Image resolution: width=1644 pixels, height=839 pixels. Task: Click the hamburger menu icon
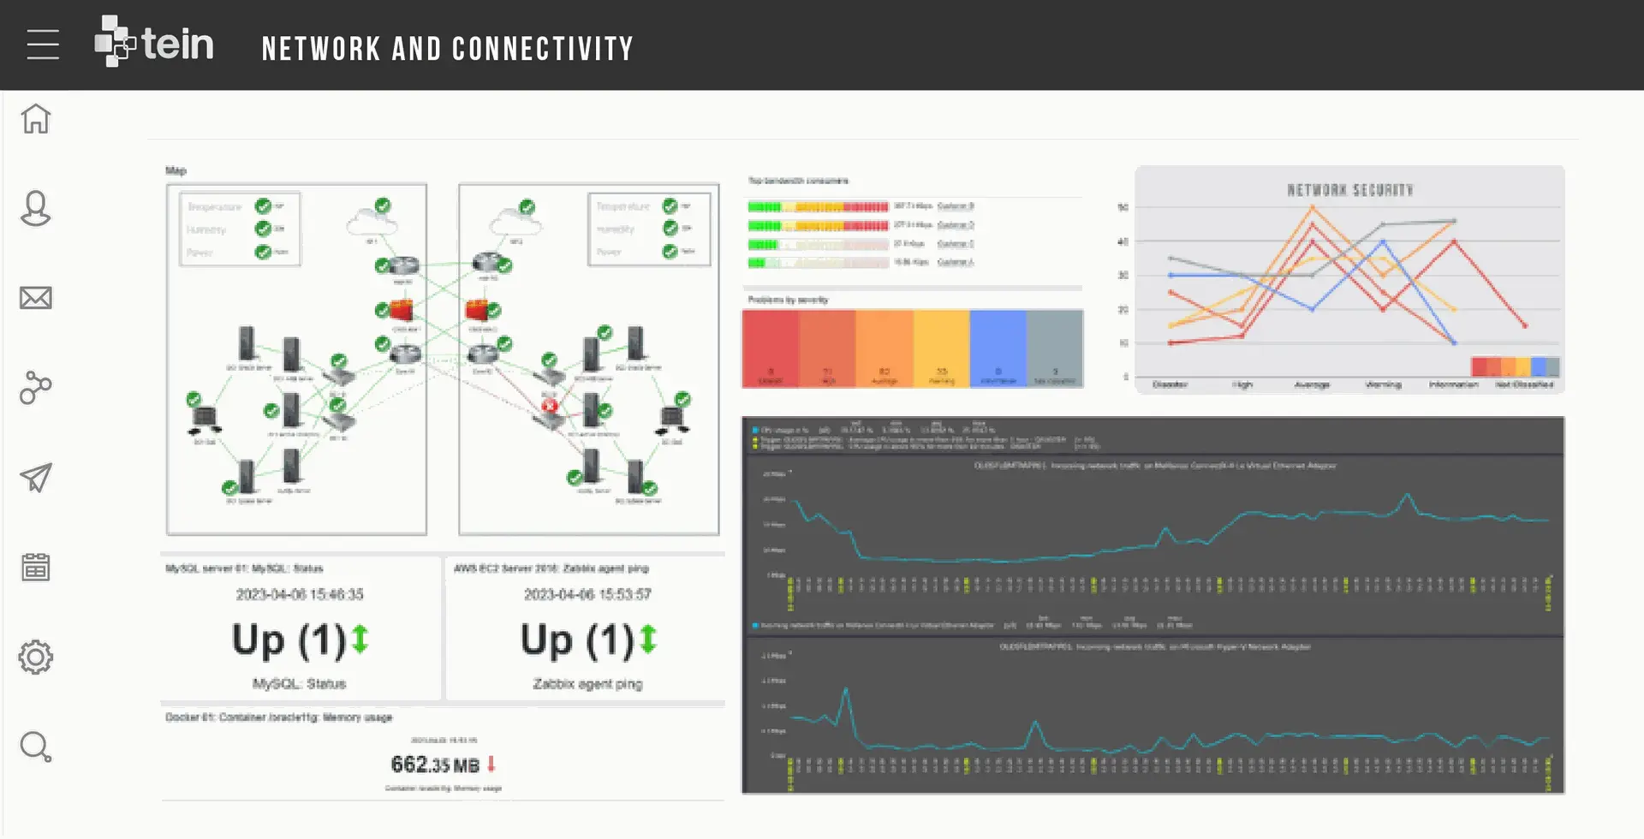click(x=43, y=45)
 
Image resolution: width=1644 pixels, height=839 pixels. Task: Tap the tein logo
click(x=154, y=42)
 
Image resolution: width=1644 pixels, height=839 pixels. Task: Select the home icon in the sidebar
click(x=36, y=118)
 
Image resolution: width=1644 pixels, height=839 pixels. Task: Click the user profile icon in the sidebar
click(x=36, y=208)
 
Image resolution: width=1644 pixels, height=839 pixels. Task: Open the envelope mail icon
click(x=36, y=298)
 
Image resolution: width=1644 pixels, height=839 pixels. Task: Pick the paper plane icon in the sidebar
click(x=36, y=477)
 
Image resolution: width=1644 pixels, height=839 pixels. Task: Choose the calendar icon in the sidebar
click(x=36, y=567)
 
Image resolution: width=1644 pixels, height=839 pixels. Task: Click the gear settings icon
click(x=36, y=657)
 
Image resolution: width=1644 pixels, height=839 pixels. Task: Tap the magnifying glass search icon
click(x=36, y=747)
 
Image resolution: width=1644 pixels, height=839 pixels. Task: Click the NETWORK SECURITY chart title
click(x=1350, y=190)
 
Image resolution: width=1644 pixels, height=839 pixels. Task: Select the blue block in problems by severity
click(x=998, y=348)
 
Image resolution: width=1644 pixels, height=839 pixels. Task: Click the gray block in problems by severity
click(x=1055, y=348)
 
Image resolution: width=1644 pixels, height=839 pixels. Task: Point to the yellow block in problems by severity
click(x=941, y=348)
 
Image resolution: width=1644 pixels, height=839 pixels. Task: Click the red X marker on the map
click(x=550, y=406)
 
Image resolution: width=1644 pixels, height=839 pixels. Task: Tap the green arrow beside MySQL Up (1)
click(x=360, y=640)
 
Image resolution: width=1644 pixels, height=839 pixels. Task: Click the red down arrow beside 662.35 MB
click(x=491, y=763)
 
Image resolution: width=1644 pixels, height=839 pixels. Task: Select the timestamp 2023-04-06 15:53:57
click(x=587, y=594)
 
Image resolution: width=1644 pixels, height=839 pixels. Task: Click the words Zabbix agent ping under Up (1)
click(x=587, y=684)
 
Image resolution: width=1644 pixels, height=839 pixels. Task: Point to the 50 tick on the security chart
click(x=1123, y=207)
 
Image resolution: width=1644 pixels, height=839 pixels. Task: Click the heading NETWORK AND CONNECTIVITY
click(x=447, y=49)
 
